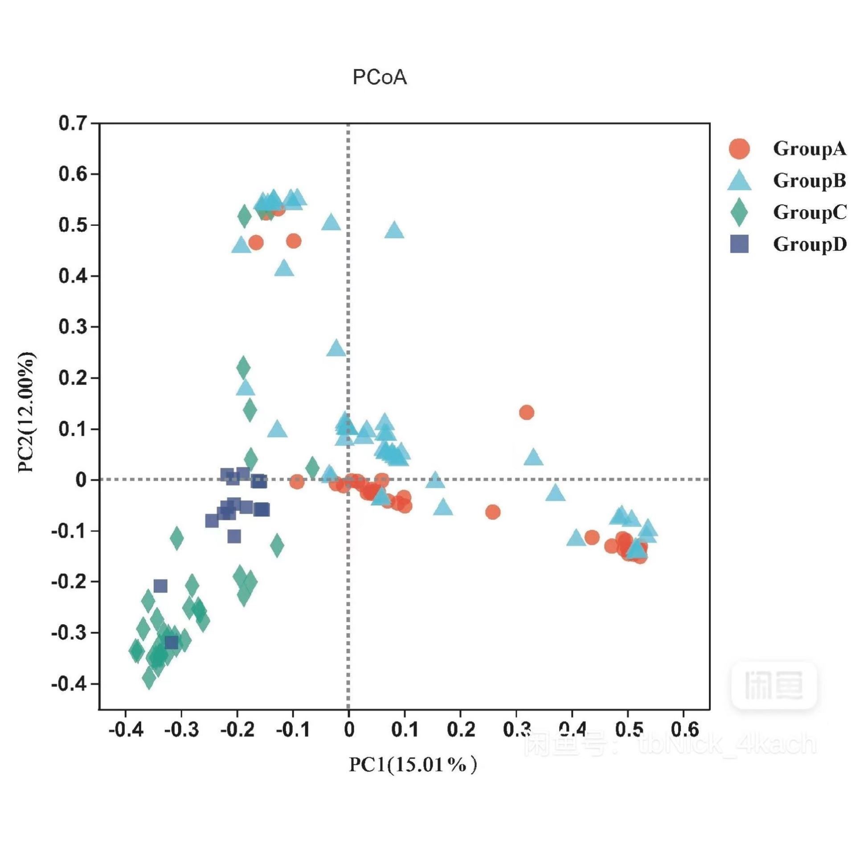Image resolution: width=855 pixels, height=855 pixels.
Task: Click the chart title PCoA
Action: [380, 77]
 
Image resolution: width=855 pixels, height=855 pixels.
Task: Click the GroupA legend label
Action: [809, 149]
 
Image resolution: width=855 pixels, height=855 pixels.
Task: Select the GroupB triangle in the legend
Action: [739, 181]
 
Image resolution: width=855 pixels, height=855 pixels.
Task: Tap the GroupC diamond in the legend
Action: [739, 213]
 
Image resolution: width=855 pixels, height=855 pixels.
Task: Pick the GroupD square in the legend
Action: [739, 244]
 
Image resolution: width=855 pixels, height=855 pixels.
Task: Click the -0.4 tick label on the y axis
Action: [69, 683]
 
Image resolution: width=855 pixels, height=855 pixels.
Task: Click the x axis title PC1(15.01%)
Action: [413, 765]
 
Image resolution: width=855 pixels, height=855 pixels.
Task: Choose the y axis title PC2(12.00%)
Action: [26, 412]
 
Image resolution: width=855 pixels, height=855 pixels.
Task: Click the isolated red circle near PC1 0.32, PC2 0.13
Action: [527, 413]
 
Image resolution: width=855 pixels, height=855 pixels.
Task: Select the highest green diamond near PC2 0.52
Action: [244, 217]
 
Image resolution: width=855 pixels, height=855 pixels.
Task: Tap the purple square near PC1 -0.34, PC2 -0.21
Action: [160, 586]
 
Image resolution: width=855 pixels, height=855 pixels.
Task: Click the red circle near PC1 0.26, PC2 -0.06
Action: [492, 512]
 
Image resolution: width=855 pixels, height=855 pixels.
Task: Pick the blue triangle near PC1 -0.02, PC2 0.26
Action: [336, 348]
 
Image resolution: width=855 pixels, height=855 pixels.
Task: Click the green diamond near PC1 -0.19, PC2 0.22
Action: [243, 368]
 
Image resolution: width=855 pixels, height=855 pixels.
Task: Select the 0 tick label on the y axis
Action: [81, 480]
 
